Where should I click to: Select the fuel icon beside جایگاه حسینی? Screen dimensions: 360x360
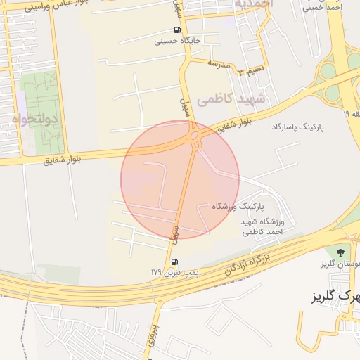tap(175, 30)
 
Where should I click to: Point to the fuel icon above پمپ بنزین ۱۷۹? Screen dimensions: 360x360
tap(174, 262)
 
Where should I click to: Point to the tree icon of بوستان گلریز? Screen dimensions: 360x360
tap(340, 251)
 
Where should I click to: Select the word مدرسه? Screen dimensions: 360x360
tap(219, 64)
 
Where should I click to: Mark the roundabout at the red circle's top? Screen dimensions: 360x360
tap(194, 136)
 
